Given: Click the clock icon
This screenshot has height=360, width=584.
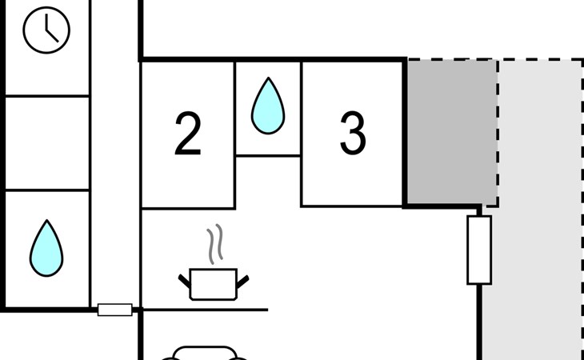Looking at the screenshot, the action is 46,30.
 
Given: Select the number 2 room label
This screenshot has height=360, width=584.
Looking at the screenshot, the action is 188,134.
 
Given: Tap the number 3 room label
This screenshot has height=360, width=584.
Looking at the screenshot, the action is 353,134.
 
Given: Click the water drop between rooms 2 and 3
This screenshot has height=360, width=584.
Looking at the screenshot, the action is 268,106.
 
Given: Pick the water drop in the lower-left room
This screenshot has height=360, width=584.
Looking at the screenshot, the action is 46,248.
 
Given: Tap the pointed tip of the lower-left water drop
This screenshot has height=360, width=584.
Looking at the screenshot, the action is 47,220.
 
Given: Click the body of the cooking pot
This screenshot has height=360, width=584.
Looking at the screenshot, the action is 214,284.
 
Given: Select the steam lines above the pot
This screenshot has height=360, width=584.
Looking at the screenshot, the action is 215,244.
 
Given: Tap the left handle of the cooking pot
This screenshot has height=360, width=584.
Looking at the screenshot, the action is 184,281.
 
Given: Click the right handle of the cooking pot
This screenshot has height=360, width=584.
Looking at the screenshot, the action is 242,282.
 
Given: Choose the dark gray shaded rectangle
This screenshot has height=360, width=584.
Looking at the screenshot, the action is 452,132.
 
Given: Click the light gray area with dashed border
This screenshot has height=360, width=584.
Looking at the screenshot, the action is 540,209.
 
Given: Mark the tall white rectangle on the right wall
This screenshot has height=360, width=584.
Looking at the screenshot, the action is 479,250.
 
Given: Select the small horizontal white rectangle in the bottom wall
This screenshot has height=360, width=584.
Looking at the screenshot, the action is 115,310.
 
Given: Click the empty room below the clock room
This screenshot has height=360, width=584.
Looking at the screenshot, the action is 47,143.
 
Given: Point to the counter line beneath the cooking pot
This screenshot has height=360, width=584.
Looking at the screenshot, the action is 206,310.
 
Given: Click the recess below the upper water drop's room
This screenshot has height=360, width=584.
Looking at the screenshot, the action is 268,182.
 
